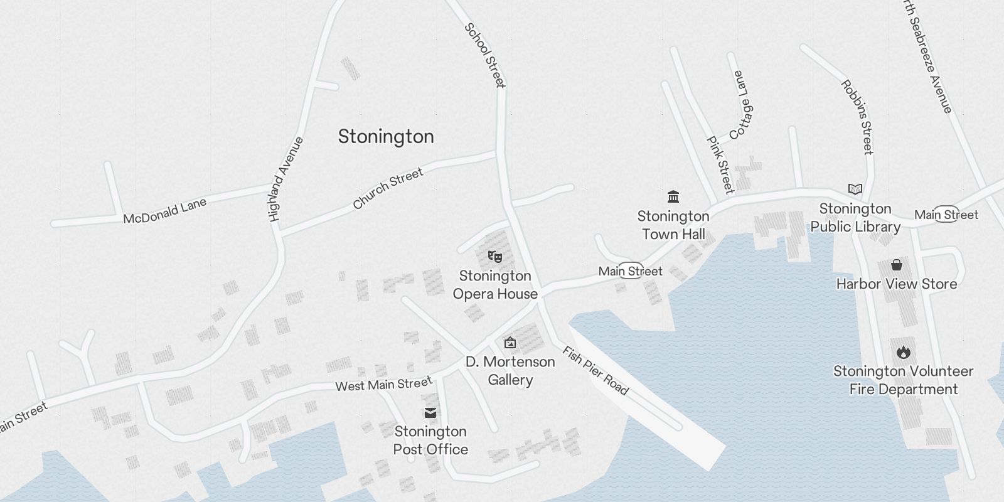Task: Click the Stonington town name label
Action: point(386,137)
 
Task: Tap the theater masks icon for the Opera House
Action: point(495,256)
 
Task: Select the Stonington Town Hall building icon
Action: point(673,197)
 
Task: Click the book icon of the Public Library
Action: point(855,189)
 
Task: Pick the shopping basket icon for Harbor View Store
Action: point(897,265)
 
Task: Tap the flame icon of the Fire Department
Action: point(903,352)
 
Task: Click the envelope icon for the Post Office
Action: point(430,412)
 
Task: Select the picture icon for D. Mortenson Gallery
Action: point(510,343)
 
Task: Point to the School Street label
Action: point(484,55)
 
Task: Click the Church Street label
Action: point(388,188)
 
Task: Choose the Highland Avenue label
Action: point(286,179)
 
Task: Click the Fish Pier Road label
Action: point(595,371)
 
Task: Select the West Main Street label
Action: point(383,384)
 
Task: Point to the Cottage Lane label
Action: point(740,105)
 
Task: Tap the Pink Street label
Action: point(720,165)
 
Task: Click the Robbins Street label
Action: point(857,117)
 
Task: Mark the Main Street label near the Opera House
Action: point(630,271)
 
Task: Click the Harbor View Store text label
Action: point(897,284)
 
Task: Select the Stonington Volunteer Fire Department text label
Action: point(903,380)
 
